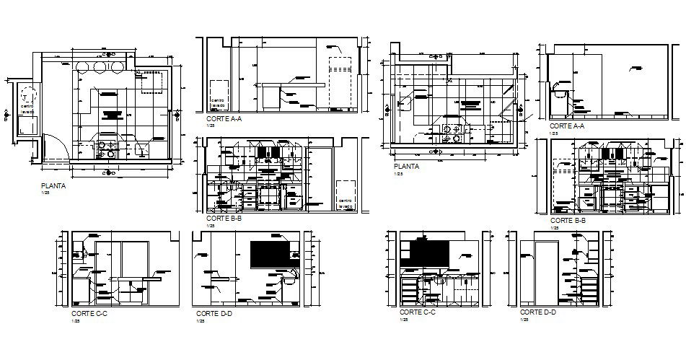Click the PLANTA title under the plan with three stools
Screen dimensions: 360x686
[54, 185]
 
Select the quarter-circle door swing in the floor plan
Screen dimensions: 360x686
[54, 147]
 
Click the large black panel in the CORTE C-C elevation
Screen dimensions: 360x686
[424, 252]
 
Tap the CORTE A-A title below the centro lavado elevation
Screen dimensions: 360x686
[223, 118]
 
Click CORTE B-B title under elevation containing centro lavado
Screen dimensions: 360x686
[223, 217]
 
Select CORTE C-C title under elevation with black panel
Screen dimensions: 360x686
[416, 312]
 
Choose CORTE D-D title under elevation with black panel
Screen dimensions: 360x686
[213, 314]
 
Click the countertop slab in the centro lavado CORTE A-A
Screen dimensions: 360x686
[292, 85]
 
